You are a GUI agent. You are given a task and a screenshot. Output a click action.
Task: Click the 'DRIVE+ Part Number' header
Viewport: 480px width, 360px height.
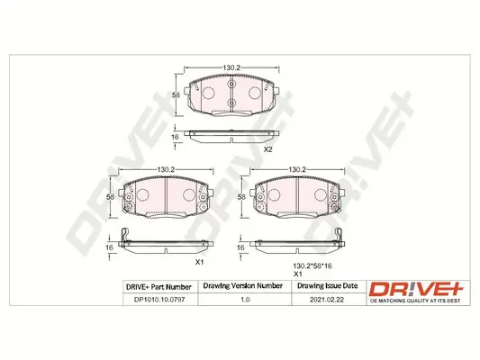pos(154,286)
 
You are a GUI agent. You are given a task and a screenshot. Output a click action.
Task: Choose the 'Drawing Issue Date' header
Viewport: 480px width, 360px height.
pos(326,286)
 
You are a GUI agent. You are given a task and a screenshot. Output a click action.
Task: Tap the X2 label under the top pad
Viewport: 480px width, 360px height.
pos(267,149)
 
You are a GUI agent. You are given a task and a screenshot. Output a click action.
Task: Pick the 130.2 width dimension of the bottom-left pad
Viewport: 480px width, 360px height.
pos(166,169)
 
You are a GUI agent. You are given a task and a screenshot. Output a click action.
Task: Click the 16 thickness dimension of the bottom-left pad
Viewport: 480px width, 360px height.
pos(110,247)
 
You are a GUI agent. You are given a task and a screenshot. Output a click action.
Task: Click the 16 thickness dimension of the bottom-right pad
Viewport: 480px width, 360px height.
pos(240,247)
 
